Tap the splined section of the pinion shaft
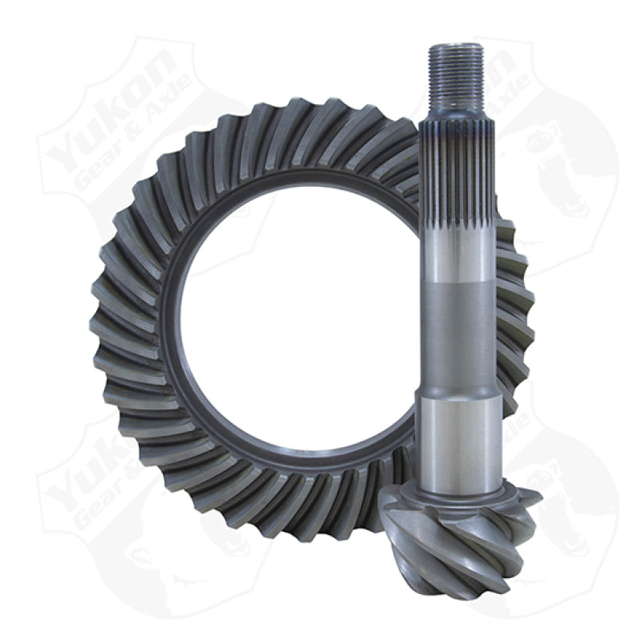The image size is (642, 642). tap(454, 169)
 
